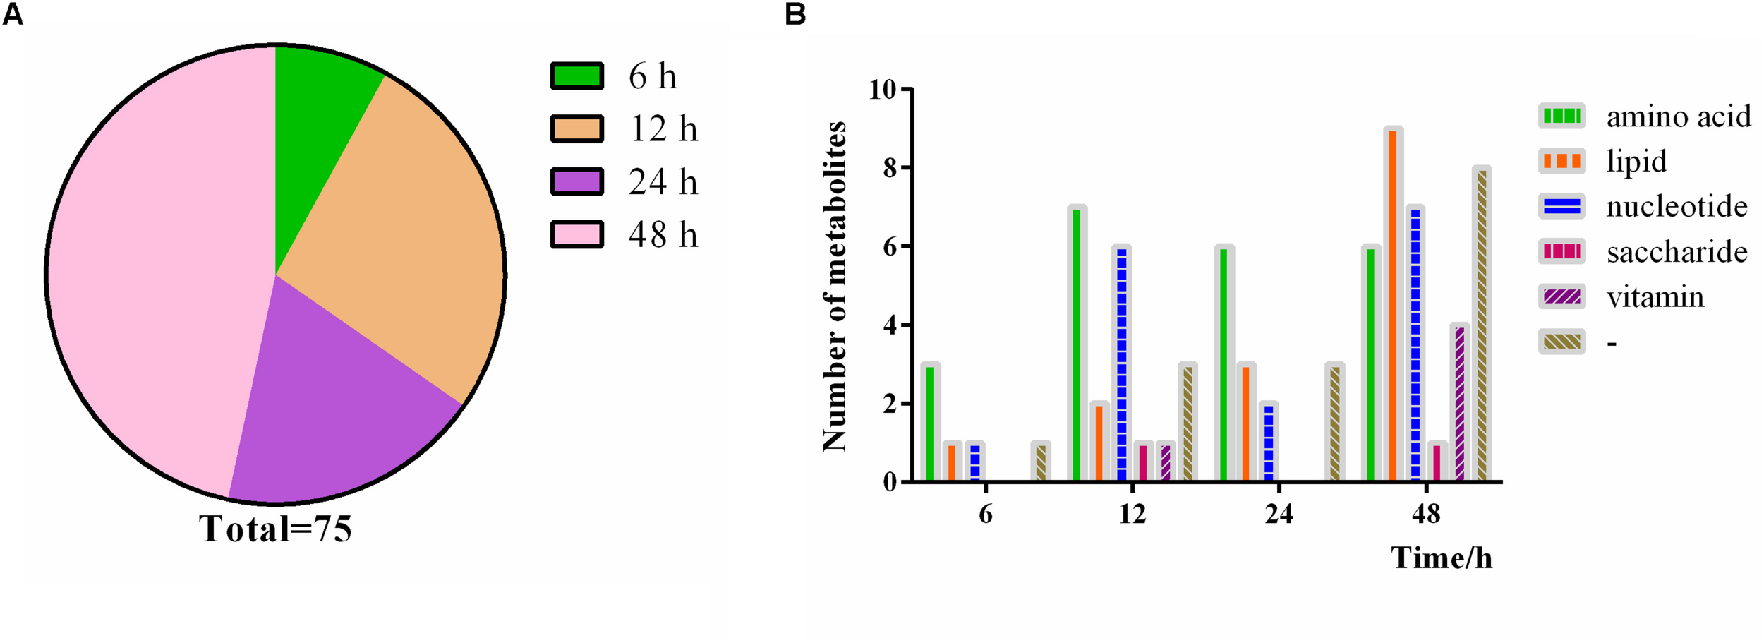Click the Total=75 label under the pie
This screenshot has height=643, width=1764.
pyautogui.click(x=275, y=529)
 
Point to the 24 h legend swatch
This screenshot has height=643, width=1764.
pyautogui.click(x=576, y=182)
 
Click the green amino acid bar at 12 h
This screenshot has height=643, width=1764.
pyautogui.click(x=1076, y=345)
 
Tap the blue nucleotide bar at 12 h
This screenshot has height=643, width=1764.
pyautogui.click(x=1121, y=364)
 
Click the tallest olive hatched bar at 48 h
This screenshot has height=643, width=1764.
pyautogui.click(x=1482, y=325)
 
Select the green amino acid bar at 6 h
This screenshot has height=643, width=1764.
pyautogui.click(x=929, y=423)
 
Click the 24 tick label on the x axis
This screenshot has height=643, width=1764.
pyautogui.click(x=1279, y=514)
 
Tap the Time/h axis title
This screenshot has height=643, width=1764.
pyautogui.click(x=1441, y=558)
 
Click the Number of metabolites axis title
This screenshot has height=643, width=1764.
pyautogui.click(x=835, y=286)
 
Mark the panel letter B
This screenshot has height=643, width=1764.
pyautogui.click(x=795, y=14)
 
